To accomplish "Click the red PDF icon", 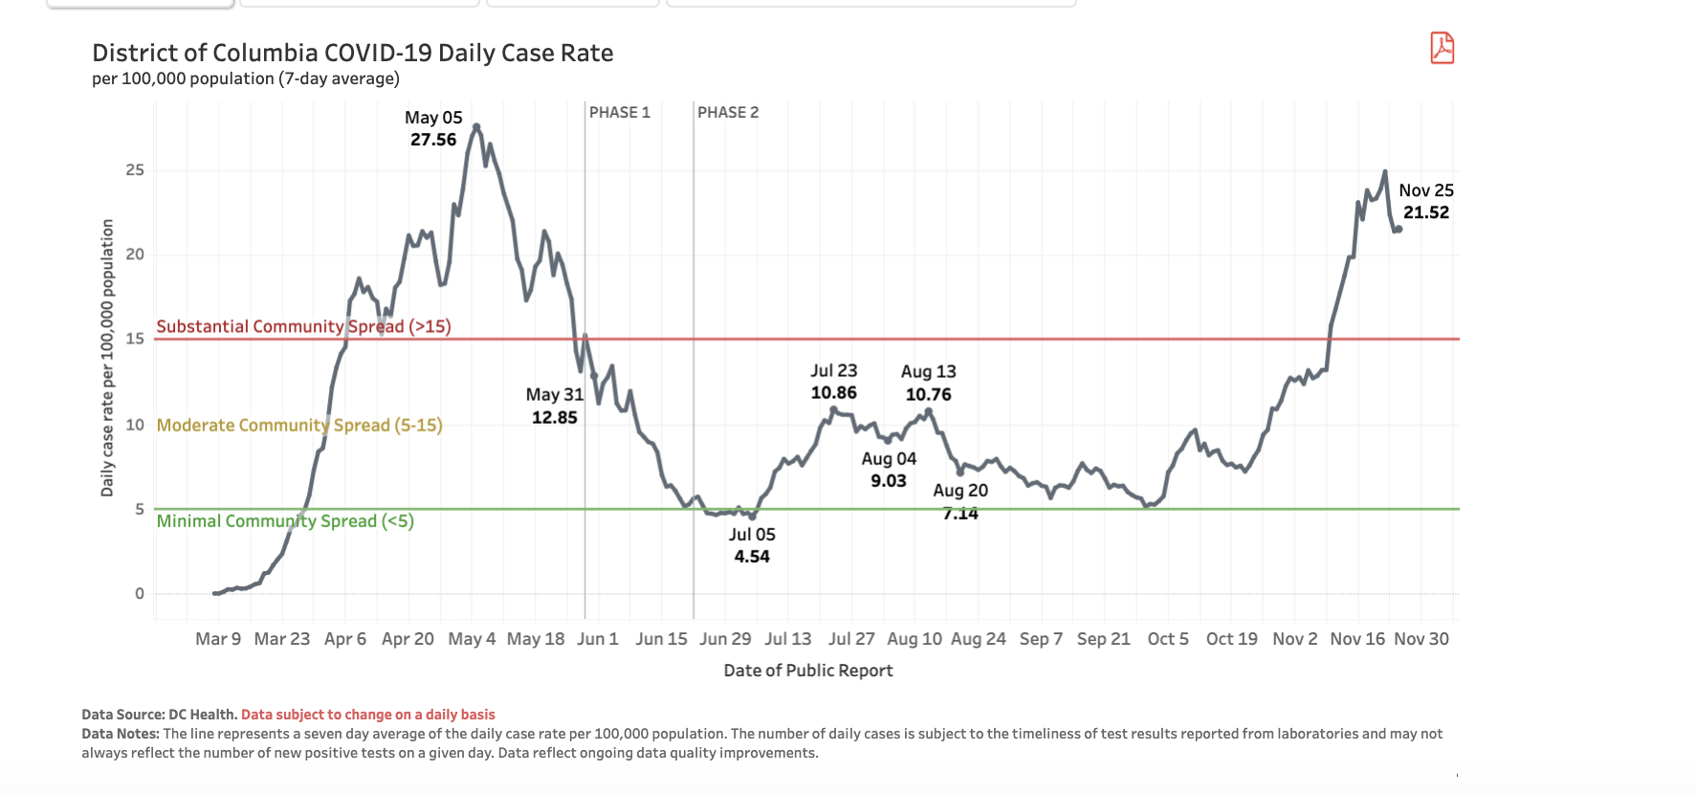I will [1442, 48].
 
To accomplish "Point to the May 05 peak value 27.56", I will [433, 140].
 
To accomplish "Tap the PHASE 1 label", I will [619, 113].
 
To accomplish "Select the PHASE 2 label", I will [727, 113].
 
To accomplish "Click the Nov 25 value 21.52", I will [1425, 212].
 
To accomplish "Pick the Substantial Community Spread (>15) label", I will [303, 326].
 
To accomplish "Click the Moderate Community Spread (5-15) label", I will [299, 425].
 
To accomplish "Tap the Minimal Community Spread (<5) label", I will [285, 521].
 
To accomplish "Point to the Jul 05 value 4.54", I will [752, 557].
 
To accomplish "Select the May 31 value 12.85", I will [554, 417].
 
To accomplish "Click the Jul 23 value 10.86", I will [833, 392].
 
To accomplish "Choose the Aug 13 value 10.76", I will [928, 394].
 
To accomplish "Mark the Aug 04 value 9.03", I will [888, 480].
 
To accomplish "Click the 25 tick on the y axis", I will [135, 170].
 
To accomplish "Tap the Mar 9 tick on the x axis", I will [218, 639].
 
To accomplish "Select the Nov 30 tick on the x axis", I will [1421, 639].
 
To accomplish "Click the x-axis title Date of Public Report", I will [807, 671].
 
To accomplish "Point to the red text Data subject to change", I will [367, 715].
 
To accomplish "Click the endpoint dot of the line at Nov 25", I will [1399, 229].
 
